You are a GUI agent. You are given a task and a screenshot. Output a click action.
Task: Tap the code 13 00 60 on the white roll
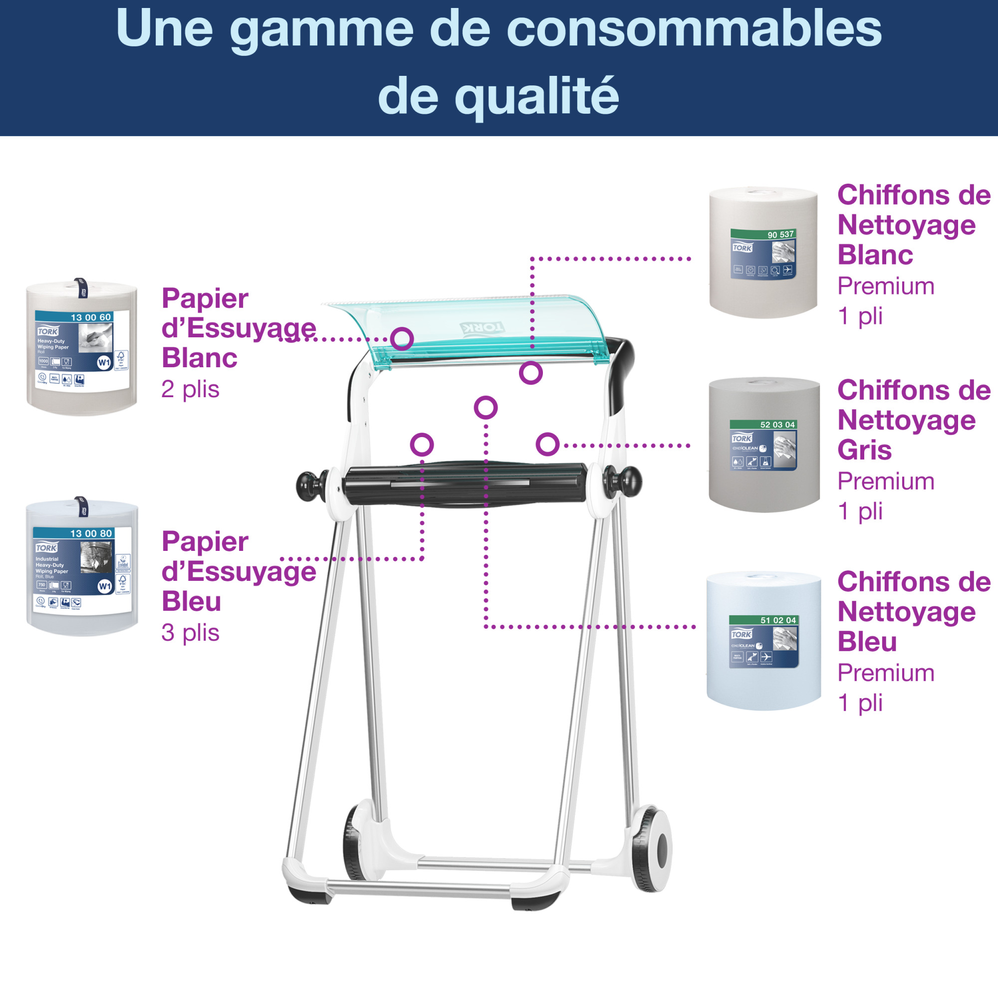pos(90,317)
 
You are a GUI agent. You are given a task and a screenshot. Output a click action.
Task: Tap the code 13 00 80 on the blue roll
pos(91,533)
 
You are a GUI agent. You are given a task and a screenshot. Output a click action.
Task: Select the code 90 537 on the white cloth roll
pos(780,235)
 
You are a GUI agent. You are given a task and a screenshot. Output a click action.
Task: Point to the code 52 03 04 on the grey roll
pos(777,425)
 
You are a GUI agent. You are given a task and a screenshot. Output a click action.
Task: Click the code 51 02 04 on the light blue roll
pos(777,620)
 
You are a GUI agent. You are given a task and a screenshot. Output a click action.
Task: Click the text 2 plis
pos(190,389)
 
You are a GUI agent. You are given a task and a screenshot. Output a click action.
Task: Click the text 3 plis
pos(190,632)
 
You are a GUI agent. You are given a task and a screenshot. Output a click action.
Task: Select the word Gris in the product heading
pos(864,450)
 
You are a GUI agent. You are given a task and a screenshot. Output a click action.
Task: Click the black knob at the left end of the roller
pos(309,485)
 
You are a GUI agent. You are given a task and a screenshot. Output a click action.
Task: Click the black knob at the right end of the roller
pos(629,481)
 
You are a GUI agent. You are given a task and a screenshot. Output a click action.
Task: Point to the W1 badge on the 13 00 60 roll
pos(104,362)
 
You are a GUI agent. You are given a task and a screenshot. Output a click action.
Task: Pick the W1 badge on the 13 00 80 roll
pos(105,586)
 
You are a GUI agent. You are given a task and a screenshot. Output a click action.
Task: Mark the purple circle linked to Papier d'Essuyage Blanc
pos(401,339)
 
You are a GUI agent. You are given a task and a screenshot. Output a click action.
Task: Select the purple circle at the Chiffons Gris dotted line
pos(547,444)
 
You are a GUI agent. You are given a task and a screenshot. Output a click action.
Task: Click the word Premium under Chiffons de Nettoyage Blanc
pos(885,286)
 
